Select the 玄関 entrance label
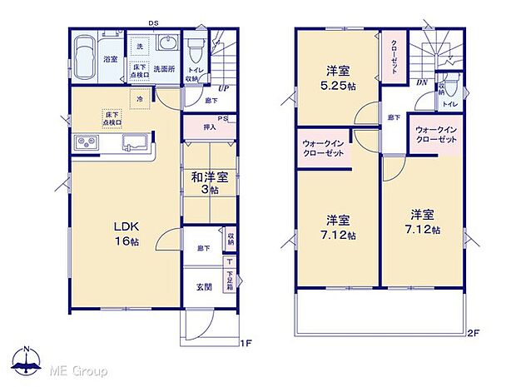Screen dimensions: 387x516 204,287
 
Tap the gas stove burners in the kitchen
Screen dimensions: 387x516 87,144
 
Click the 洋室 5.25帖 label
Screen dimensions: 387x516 337,77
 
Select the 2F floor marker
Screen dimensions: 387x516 473,335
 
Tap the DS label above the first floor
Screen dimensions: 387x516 154,23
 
